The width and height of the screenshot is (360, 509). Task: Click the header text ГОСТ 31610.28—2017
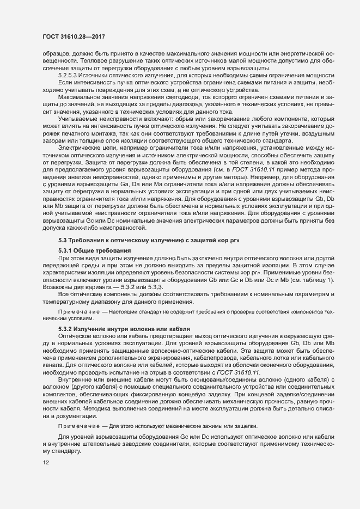click(74, 36)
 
